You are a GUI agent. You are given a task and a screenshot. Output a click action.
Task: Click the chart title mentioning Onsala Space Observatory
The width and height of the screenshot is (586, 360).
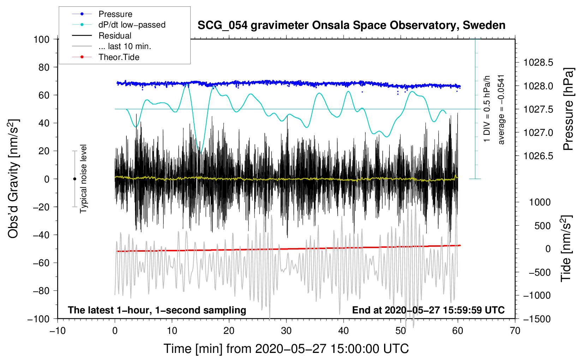tap(351, 25)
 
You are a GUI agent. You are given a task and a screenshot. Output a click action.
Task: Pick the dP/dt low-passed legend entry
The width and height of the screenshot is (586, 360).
tap(132, 25)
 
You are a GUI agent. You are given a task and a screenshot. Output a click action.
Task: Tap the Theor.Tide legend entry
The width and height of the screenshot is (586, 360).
tap(119, 57)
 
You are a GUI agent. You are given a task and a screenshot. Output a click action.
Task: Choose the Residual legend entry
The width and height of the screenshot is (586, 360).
tap(115, 36)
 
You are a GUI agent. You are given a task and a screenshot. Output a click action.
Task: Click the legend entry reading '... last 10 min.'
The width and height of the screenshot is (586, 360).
tap(125, 46)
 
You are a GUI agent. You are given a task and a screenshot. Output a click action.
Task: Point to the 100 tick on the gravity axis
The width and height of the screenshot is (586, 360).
tap(41, 39)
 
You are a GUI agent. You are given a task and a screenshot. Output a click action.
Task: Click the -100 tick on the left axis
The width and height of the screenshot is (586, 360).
tap(38, 319)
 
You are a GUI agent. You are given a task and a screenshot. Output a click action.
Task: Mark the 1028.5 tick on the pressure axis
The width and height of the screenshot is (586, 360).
tap(538, 63)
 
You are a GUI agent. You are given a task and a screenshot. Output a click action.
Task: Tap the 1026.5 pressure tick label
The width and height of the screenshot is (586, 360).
tap(538, 156)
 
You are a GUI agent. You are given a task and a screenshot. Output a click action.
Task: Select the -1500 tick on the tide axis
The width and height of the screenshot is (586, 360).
tap(537, 319)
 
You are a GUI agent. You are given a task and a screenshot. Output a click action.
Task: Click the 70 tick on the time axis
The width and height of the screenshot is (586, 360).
tap(515, 331)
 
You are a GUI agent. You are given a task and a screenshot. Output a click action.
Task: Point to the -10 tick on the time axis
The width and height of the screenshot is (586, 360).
tap(58, 331)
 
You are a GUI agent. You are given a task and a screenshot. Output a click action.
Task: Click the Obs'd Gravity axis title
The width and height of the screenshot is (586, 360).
tap(13, 179)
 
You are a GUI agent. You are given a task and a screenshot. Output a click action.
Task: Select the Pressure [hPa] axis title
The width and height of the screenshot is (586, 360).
tap(568, 109)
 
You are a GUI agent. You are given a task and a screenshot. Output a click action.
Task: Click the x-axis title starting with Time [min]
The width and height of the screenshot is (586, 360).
tap(286, 349)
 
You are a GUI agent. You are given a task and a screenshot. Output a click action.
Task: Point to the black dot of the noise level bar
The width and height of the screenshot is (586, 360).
tap(74, 179)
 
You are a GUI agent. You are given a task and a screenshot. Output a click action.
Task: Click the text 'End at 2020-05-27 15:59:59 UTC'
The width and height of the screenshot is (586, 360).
tap(428, 310)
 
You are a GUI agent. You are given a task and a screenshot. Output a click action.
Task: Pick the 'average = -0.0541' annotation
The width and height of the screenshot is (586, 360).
tap(501, 109)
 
